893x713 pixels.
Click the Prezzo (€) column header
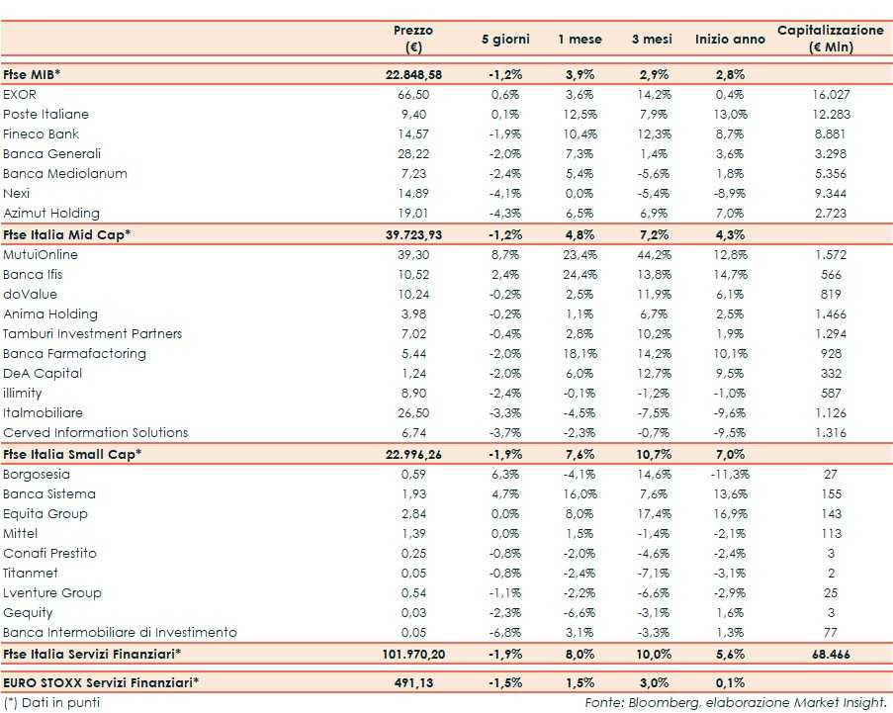tap(412, 39)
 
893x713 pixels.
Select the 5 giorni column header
tap(505, 40)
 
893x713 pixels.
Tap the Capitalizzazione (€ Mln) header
tap(830, 39)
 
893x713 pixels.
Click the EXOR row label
tap(21, 94)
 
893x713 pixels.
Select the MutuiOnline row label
tap(41, 254)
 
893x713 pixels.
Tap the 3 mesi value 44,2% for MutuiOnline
tap(652, 254)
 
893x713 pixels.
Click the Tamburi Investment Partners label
tap(93, 333)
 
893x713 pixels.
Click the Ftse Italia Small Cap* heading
tap(72, 454)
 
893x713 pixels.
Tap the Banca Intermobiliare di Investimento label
tap(120, 632)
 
